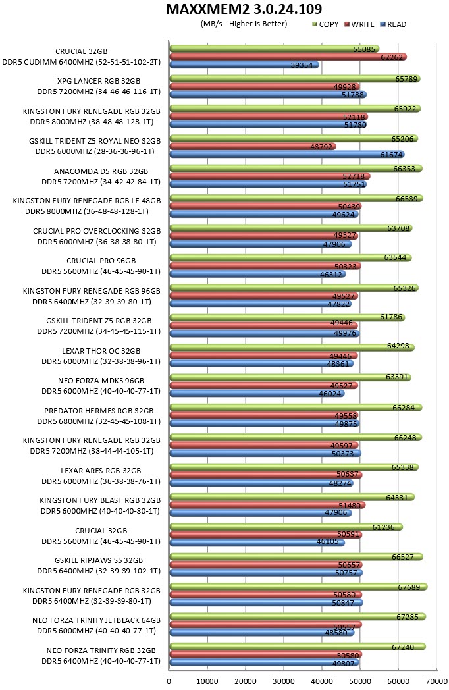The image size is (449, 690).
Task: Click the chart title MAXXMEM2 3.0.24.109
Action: coord(244,9)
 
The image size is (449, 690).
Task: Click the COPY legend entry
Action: coord(325,24)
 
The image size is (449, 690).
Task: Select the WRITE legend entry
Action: coord(359,24)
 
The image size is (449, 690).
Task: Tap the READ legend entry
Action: coord(393,24)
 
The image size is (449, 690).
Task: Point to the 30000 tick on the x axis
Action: coord(284,681)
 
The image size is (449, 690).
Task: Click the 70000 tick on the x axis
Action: coord(436,681)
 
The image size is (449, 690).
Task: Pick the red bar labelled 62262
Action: coord(288,57)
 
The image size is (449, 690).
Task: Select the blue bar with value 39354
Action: coord(244,65)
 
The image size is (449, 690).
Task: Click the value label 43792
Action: coord(321,147)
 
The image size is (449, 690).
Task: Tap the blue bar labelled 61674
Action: coord(287,155)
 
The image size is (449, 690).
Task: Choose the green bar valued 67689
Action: coord(298,587)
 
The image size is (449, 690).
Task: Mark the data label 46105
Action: coord(327,541)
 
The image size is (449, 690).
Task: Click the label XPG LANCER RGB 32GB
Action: coord(99,81)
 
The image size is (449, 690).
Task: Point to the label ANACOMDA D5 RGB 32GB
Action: coord(101,171)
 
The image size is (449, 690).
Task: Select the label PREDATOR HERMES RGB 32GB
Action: coord(99,411)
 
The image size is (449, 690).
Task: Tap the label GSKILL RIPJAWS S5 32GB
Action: coord(99,561)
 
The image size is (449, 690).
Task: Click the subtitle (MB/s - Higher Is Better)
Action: coord(244,24)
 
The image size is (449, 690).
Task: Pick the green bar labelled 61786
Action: coord(287,317)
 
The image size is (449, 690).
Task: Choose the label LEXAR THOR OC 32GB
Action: coord(101,351)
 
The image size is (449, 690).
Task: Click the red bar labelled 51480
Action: coord(268,505)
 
